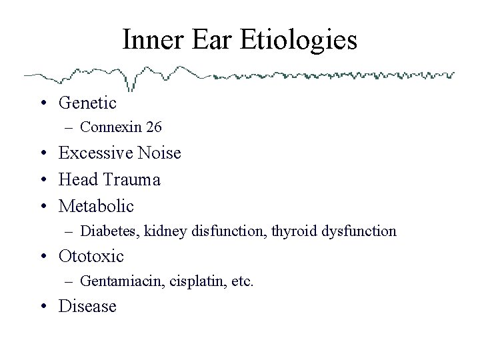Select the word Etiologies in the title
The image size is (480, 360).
305,41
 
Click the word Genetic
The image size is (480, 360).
87,103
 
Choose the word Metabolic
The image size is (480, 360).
96,207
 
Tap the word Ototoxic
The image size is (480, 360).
91,256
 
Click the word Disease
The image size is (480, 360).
87,307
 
